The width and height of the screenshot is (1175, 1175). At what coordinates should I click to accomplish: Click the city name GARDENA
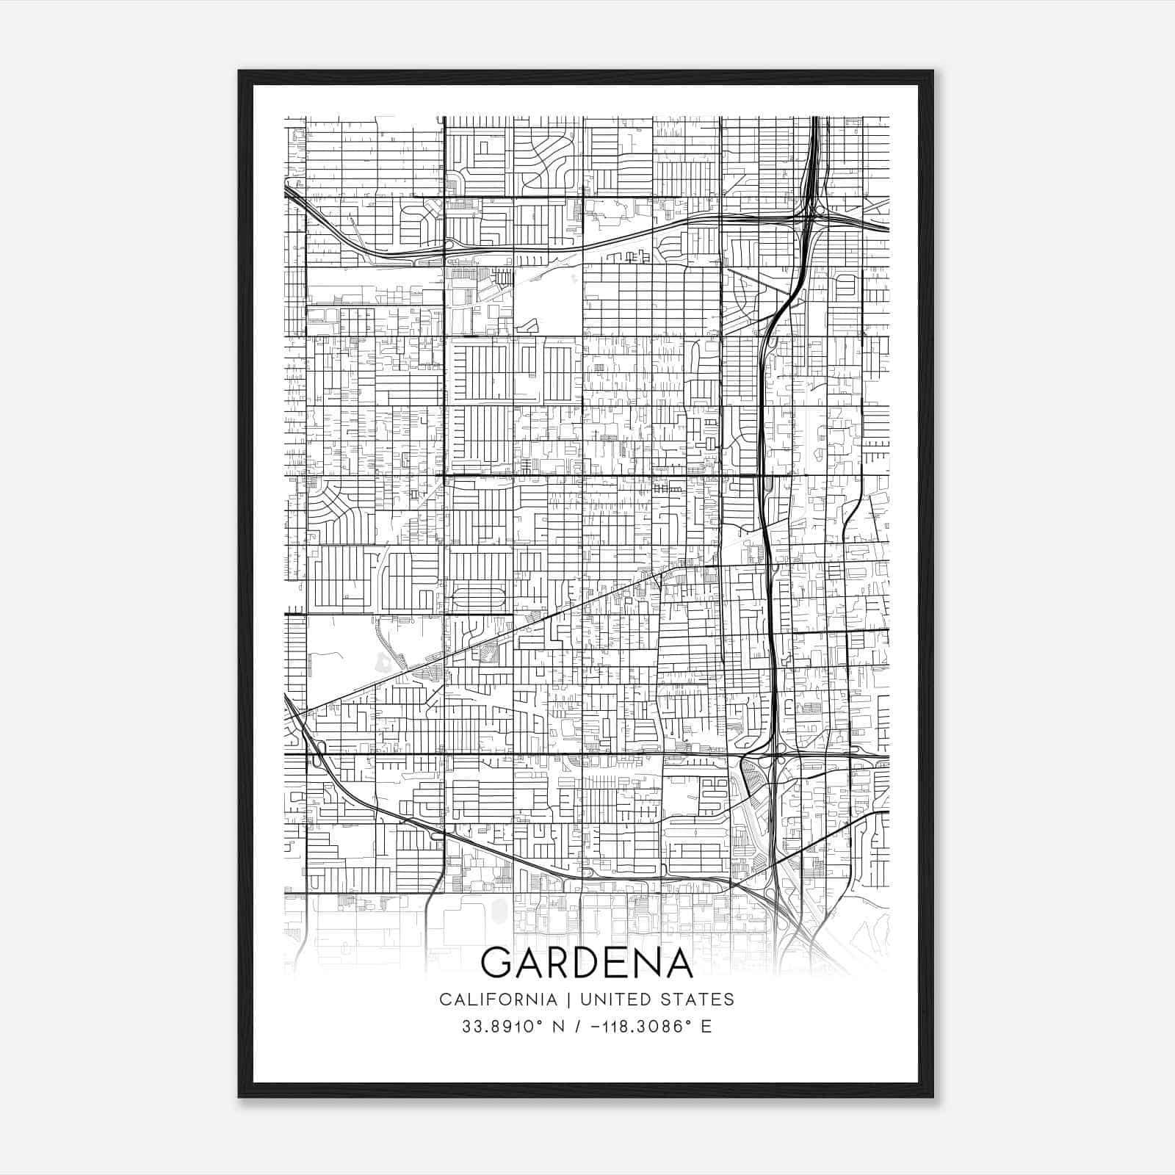pyautogui.click(x=587, y=962)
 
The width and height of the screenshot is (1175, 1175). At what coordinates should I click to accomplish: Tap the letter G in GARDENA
pyautogui.click(x=496, y=962)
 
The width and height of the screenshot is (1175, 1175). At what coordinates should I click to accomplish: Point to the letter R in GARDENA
pyautogui.click(x=560, y=962)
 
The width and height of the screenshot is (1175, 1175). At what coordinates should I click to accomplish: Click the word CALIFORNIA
pyautogui.click(x=498, y=999)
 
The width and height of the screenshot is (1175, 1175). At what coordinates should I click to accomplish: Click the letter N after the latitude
pyautogui.click(x=558, y=1026)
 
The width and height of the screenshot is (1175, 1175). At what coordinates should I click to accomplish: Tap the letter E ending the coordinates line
pyautogui.click(x=706, y=1026)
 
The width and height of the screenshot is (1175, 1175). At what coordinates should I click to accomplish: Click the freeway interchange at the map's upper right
pyautogui.click(x=812, y=213)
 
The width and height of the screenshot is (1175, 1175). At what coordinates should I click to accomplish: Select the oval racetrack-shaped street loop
pyautogui.click(x=479, y=596)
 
